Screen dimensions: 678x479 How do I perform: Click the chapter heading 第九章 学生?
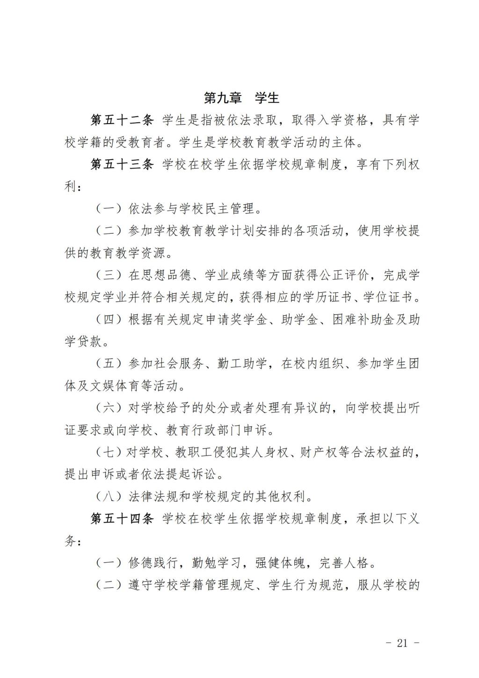(241, 98)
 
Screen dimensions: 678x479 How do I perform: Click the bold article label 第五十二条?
(122, 120)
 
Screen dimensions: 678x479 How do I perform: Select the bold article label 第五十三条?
(122, 164)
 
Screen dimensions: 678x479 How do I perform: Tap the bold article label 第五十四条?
(122, 518)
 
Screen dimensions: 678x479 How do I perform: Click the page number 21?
(402, 643)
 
